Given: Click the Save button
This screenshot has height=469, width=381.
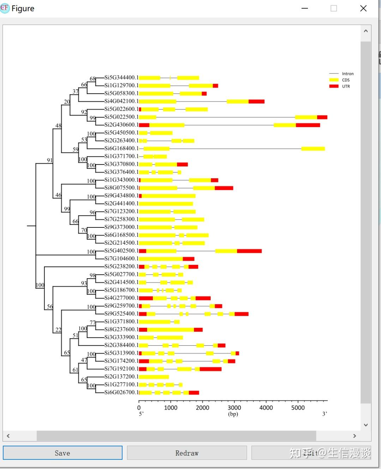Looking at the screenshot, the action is pyautogui.click(x=62, y=453).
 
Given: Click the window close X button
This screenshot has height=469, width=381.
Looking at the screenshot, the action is pyautogui.click(x=363, y=8).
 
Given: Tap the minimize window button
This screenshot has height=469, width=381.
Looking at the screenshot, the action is pyautogui.click(x=305, y=8).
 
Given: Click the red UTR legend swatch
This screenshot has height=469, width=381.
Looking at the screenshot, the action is pyautogui.click(x=334, y=86).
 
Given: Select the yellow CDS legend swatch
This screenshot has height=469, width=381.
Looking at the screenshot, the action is pyautogui.click(x=334, y=80).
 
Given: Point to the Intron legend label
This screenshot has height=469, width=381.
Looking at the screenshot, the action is pyautogui.click(x=348, y=73).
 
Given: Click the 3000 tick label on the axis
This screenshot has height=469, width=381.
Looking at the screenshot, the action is pyautogui.click(x=234, y=408).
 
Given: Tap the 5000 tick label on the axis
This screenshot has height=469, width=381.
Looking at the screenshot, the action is pyautogui.click(x=298, y=408).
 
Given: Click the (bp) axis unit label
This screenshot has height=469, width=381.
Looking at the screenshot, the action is pyautogui.click(x=233, y=414).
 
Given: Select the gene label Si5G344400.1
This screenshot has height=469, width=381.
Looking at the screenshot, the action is pyautogui.click(x=121, y=77).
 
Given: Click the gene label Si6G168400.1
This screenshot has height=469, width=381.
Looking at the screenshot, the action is pyautogui.click(x=121, y=148).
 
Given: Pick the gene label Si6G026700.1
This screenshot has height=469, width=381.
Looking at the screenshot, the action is pyautogui.click(x=121, y=392).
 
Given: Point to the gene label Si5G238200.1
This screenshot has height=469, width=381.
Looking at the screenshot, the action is pyautogui.click(x=121, y=266).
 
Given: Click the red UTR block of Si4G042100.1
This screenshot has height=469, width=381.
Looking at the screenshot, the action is pyautogui.click(x=256, y=101).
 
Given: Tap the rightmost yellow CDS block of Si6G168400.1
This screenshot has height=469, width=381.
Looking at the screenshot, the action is pyautogui.click(x=313, y=149).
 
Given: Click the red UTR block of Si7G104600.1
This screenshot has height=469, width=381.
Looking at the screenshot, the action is pyautogui.click(x=188, y=259).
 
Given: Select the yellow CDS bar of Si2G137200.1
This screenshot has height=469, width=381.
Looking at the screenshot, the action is pyautogui.click(x=154, y=377).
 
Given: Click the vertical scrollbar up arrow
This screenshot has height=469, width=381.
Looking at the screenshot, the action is pyautogui.click(x=366, y=31).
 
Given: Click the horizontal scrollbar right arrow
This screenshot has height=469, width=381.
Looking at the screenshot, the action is pyautogui.click(x=355, y=436).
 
